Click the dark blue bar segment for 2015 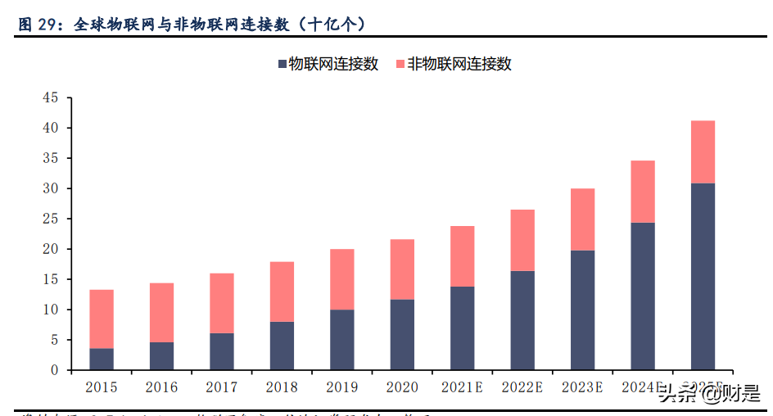click(x=101, y=359)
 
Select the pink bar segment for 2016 click(x=161, y=312)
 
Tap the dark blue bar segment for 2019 click(x=341, y=339)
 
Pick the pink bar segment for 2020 click(x=402, y=269)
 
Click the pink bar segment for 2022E click(x=522, y=240)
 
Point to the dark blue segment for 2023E click(x=582, y=310)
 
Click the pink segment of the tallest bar click(x=703, y=151)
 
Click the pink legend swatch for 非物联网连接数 click(x=400, y=64)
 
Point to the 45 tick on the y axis click(x=50, y=98)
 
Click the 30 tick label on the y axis click(x=50, y=189)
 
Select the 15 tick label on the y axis click(x=50, y=280)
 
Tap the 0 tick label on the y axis click(x=54, y=371)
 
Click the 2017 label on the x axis click(x=221, y=387)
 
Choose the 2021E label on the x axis click(x=462, y=387)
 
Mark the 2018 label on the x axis click(x=282, y=387)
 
